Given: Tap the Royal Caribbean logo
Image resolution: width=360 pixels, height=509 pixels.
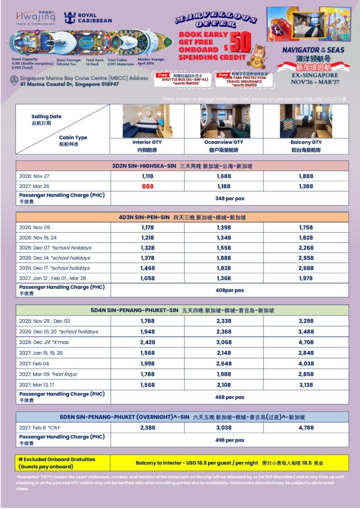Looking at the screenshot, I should click(89, 18).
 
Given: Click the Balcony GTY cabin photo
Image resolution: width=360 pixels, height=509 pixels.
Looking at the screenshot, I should click(306, 121).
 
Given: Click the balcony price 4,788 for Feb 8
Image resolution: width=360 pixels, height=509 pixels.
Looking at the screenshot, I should click(306, 427).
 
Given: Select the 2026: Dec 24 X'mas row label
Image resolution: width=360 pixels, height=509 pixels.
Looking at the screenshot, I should click(48, 342).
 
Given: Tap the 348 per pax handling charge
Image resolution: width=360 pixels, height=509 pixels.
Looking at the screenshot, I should click(229, 198).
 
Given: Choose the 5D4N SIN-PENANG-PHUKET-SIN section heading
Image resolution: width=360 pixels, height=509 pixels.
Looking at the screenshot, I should click(182, 310).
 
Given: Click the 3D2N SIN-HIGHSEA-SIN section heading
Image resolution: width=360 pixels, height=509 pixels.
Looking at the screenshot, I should click(182, 166).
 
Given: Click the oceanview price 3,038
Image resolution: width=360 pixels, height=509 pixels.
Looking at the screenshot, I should click(224, 427).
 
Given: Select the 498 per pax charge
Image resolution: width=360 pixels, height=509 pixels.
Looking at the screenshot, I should click(229, 440).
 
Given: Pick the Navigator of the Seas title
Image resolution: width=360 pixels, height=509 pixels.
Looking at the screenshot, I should click(312, 50).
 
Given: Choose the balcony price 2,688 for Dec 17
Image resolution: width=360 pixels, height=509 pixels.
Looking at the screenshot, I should click(306, 268).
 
